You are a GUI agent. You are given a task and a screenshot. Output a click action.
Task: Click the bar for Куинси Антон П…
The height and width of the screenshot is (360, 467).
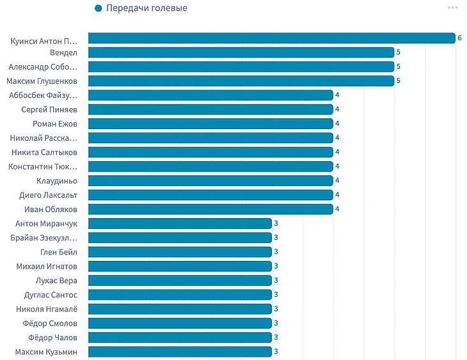pyautogui.click(x=271, y=38)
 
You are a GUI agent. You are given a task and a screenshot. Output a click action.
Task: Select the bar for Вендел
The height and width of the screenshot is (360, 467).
pyautogui.click(x=241, y=52)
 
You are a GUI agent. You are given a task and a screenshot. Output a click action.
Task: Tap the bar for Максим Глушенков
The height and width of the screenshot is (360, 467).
pyautogui.click(x=241, y=81)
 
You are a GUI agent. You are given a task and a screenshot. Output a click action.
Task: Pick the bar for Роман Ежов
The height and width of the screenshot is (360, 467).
pyautogui.click(x=210, y=123)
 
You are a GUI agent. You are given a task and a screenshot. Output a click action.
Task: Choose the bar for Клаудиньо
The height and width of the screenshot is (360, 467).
pyautogui.click(x=210, y=180)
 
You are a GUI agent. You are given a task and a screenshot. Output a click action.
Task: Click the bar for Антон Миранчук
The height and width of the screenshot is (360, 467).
pyautogui.click(x=180, y=223)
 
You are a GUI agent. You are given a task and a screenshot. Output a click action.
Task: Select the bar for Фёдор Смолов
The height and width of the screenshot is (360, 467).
pyautogui.click(x=180, y=323)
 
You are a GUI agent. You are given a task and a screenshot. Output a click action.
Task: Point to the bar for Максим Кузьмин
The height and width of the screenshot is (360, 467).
pyautogui.click(x=180, y=352)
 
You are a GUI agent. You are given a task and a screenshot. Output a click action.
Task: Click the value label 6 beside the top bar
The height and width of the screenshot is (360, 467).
pyautogui.click(x=459, y=38)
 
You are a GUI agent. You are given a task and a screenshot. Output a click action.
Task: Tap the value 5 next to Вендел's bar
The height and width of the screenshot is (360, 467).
pyautogui.click(x=398, y=52)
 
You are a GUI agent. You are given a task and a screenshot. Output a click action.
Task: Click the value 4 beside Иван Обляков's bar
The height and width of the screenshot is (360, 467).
pyautogui.click(x=337, y=209)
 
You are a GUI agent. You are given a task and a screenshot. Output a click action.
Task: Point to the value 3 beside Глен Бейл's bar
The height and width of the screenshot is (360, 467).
pyautogui.click(x=276, y=252)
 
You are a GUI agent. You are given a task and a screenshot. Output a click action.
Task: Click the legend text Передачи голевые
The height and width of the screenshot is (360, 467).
pyautogui.click(x=146, y=8)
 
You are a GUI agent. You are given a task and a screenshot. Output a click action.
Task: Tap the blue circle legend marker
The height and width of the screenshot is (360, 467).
pyautogui.click(x=98, y=8)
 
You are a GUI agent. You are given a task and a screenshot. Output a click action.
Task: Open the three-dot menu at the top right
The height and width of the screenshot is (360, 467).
pyautogui.click(x=452, y=8)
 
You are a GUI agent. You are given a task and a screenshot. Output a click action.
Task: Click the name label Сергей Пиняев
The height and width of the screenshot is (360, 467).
pyautogui.click(x=49, y=109)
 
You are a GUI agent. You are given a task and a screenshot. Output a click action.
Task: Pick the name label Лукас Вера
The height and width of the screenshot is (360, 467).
pyautogui.click(x=56, y=280)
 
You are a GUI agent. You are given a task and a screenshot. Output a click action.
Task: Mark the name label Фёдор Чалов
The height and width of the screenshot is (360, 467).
pyautogui.click(x=52, y=337)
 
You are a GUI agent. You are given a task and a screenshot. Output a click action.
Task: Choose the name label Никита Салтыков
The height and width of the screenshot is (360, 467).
pyautogui.click(x=44, y=152)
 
